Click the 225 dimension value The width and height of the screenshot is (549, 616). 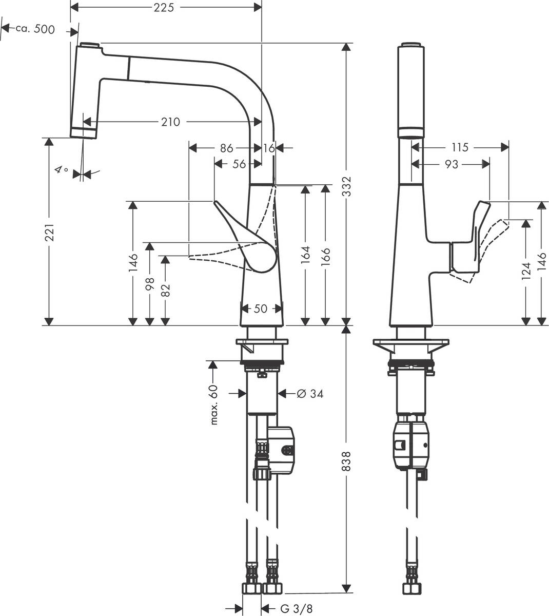click(166, 7)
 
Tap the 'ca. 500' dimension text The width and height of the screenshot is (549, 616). click(35, 29)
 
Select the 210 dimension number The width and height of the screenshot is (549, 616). click(170, 122)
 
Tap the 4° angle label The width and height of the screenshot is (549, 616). click(62, 169)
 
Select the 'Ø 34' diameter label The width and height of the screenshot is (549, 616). click(310, 394)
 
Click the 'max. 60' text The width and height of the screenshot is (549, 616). click(214, 405)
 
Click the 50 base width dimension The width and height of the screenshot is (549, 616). click(261, 309)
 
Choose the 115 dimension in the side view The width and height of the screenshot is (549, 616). click(460, 147)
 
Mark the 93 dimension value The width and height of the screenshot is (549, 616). click(452, 164)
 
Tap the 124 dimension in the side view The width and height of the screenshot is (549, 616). click(525, 272)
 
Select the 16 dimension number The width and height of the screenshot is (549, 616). click(269, 148)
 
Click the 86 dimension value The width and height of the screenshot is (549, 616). click(226, 148)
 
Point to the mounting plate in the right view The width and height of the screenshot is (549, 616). click(411, 345)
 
